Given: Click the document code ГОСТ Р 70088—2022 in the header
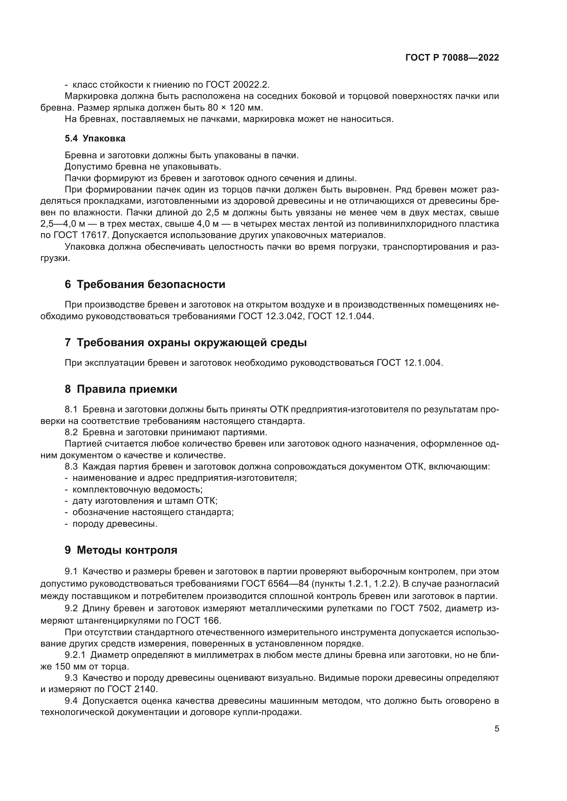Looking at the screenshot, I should [x=452, y=58].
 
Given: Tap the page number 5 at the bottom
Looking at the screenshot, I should [x=497, y=728].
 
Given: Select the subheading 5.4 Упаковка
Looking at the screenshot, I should [x=95, y=138].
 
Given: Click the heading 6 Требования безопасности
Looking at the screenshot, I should [x=145, y=284].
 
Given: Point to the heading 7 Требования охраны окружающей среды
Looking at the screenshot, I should [x=186, y=342].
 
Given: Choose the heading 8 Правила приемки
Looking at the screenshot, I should [x=121, y=389].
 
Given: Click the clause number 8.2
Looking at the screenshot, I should [x=71, y=432].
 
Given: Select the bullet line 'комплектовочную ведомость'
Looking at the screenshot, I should [x=137, y=489].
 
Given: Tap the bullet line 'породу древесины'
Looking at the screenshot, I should [x=114, y=524].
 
